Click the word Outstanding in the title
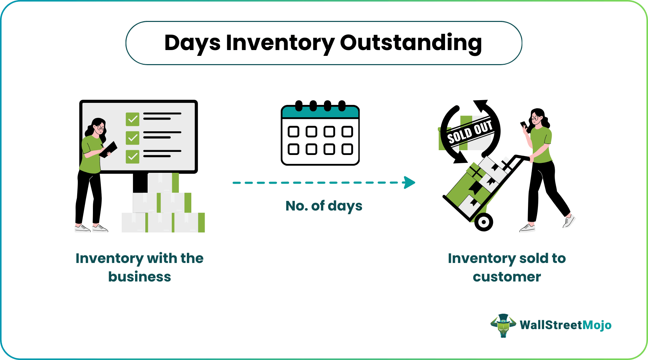point(410,43)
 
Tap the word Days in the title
point(192,43)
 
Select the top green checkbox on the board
point(132,119)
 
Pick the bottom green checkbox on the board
point(132,156)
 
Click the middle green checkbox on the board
point(132,138)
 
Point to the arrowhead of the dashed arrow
point(410,182)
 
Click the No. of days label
point(324,206)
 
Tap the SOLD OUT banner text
point(470,132)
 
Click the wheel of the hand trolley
point(483,222)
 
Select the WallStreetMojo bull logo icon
point(503,325)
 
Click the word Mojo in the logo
point(597,325)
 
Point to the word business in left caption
point(140,277)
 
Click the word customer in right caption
point(507,277)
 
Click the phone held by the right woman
point(524,125)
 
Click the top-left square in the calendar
point(293,132)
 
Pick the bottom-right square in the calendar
point(347,149)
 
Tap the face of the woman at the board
point(99,128)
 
